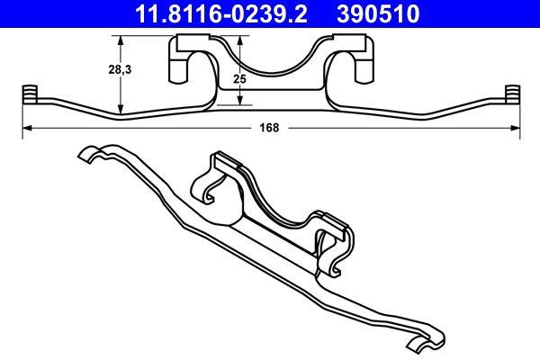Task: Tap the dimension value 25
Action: (239, 79)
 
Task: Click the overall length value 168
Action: (268, 128)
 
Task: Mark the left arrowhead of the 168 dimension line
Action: (23, 128)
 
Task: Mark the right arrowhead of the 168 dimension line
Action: (517, 128)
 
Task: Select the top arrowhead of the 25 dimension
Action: (239, 38)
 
